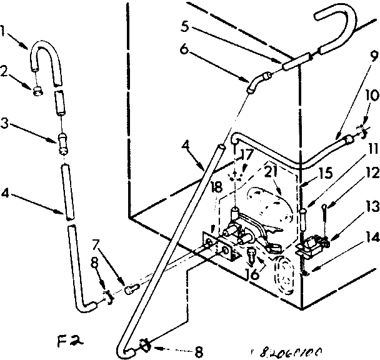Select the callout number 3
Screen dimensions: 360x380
[5, 124]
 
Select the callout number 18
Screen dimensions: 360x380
[216, 187]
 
